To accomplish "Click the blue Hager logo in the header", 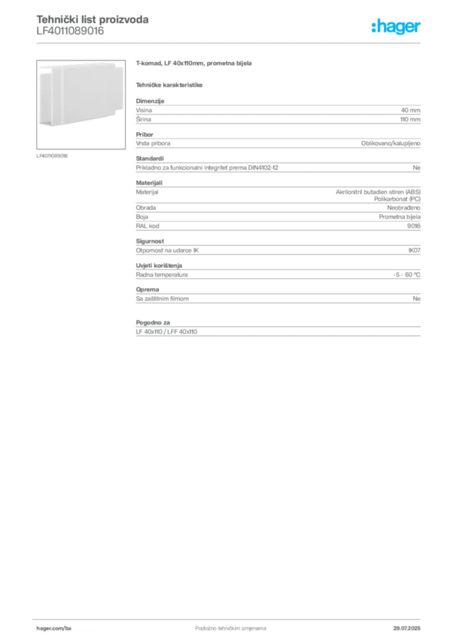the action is (397, 28).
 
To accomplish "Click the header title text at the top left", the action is (93, 21).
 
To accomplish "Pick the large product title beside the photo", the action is (195, 64).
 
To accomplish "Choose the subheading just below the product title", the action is (170, 85).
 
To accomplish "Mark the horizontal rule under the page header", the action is (230, 43).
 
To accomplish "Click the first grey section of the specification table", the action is (278, 113).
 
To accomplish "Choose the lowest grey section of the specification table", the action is (278, 332).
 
